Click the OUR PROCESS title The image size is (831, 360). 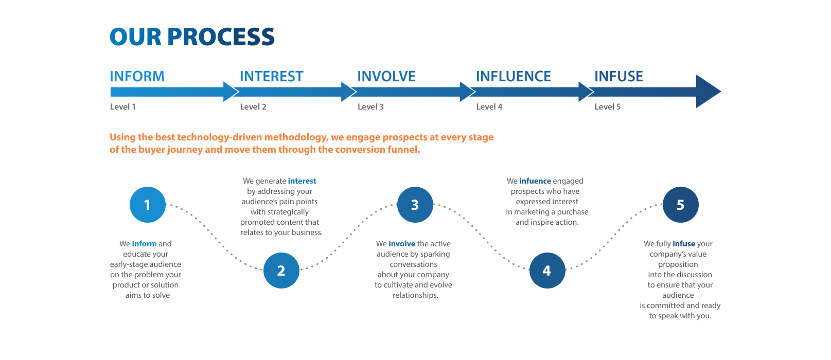pos(192,37)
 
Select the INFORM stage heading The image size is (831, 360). pos(137,77)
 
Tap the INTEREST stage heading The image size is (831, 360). pos(271,77)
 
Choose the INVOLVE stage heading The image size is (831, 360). pos(386,77)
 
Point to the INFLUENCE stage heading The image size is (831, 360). pos(513,77)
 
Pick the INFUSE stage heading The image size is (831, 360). pos(618,77)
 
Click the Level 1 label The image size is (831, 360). pos(122,107)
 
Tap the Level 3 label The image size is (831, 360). pos(370,107)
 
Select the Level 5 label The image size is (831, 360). pos(607,107)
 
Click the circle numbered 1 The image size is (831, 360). pos(147,205)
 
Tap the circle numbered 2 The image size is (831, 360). pos(281,271)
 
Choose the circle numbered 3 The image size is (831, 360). pos(415,205)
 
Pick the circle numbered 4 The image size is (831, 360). pos(547,271)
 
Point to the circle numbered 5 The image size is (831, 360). pos(680,205)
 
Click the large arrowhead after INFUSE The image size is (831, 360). pos(707,92)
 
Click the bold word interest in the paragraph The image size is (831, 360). pos(302,181)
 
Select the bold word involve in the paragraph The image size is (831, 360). pos(402,244)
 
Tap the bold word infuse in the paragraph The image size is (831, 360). pos(684,244)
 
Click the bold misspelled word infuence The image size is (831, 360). pos(535,181)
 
